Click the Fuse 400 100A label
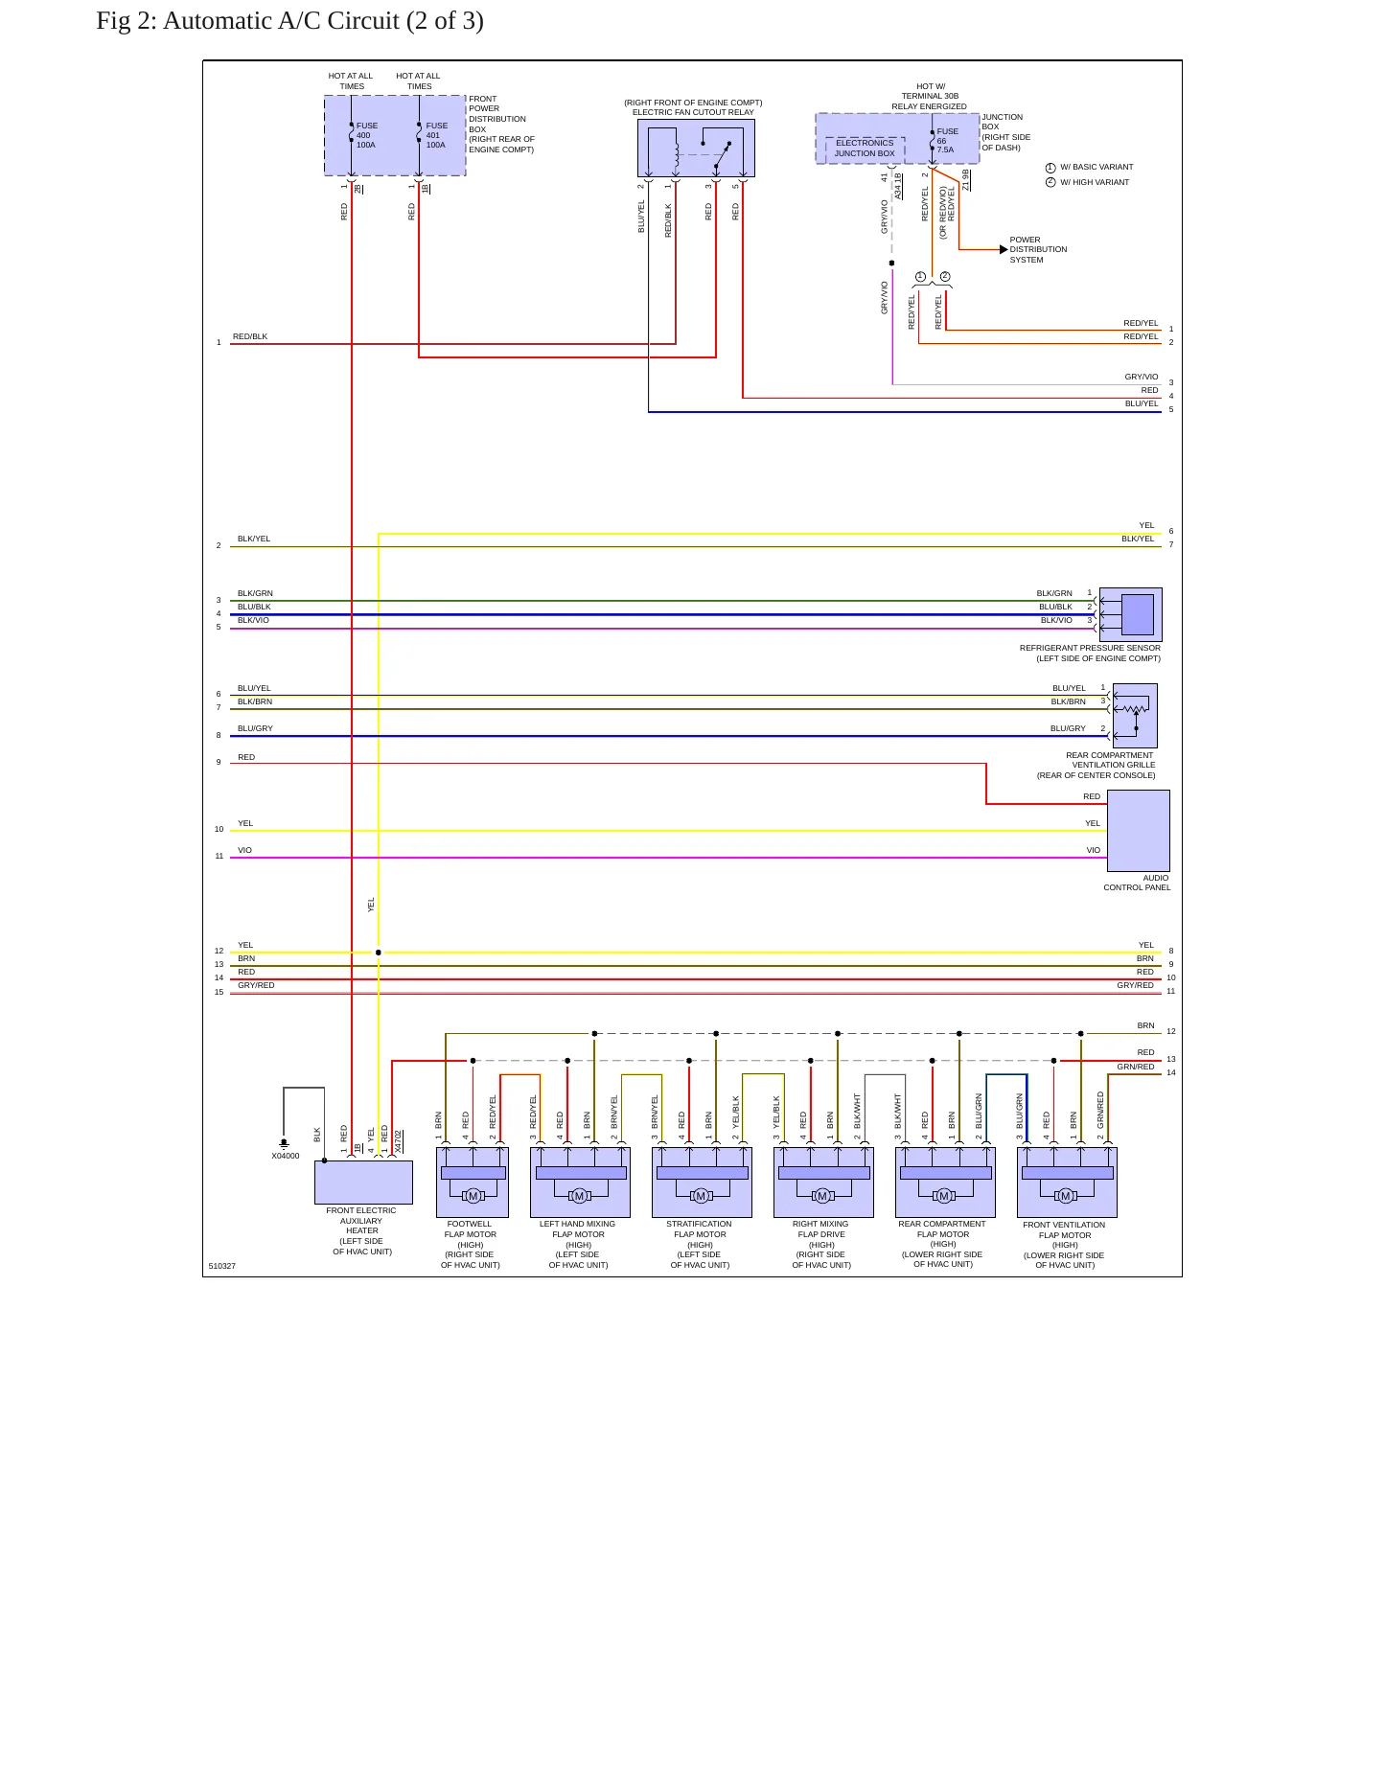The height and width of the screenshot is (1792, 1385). (367, 135)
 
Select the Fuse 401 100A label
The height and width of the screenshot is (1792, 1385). (437, 135)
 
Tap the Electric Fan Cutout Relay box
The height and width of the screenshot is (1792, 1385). (696, 148)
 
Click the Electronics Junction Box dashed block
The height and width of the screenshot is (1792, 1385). (865, 149)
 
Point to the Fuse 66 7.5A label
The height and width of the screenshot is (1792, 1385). (947, 140)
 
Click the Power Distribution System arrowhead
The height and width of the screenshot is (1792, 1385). (1004, 249)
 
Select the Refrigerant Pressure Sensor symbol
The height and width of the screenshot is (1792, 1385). (1131, 614)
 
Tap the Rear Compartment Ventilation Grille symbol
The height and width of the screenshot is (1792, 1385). (1134, 715)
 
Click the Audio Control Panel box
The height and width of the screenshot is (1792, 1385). (1139, 831)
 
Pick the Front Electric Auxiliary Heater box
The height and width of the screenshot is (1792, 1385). (363, 1183)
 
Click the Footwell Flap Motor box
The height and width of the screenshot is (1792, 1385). (473, 1183)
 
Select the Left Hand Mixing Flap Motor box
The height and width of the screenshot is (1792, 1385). (580, 1183)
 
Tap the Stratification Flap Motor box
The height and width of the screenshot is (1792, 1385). (702, 1183)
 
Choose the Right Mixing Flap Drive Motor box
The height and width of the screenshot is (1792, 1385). (823, 1183)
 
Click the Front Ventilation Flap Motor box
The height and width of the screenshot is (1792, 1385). (1067, 1183)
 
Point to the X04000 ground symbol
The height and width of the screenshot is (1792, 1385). (284, 1143)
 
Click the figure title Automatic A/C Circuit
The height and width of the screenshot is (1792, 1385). (289, 20)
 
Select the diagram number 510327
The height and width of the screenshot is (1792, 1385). (222, 1266)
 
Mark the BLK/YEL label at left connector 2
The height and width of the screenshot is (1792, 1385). (254, 539)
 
